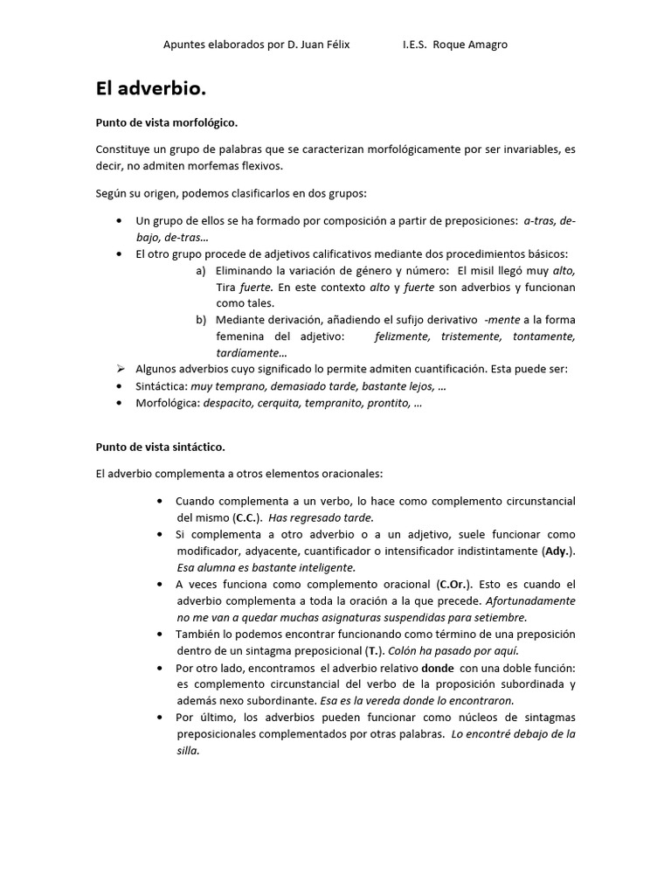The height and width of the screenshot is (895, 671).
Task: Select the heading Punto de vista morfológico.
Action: point(166,123)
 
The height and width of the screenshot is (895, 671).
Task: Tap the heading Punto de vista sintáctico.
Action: point(160,447)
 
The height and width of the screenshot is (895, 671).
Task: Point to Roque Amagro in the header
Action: point(476,45)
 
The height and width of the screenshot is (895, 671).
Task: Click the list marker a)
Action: point(201,270)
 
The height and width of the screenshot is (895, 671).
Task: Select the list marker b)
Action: point(201,319)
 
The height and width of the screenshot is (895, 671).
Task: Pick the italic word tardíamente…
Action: point(252,353)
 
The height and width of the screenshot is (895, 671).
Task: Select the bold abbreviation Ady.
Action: point(557,551)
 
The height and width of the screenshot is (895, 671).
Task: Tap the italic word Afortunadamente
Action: point(530,600)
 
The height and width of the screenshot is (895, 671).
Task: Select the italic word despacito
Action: point(228,403)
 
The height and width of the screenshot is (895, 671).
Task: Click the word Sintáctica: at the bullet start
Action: point(162,385)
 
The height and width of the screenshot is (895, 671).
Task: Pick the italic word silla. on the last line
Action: point(188,750)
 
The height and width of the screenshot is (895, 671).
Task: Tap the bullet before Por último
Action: point(159,717)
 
